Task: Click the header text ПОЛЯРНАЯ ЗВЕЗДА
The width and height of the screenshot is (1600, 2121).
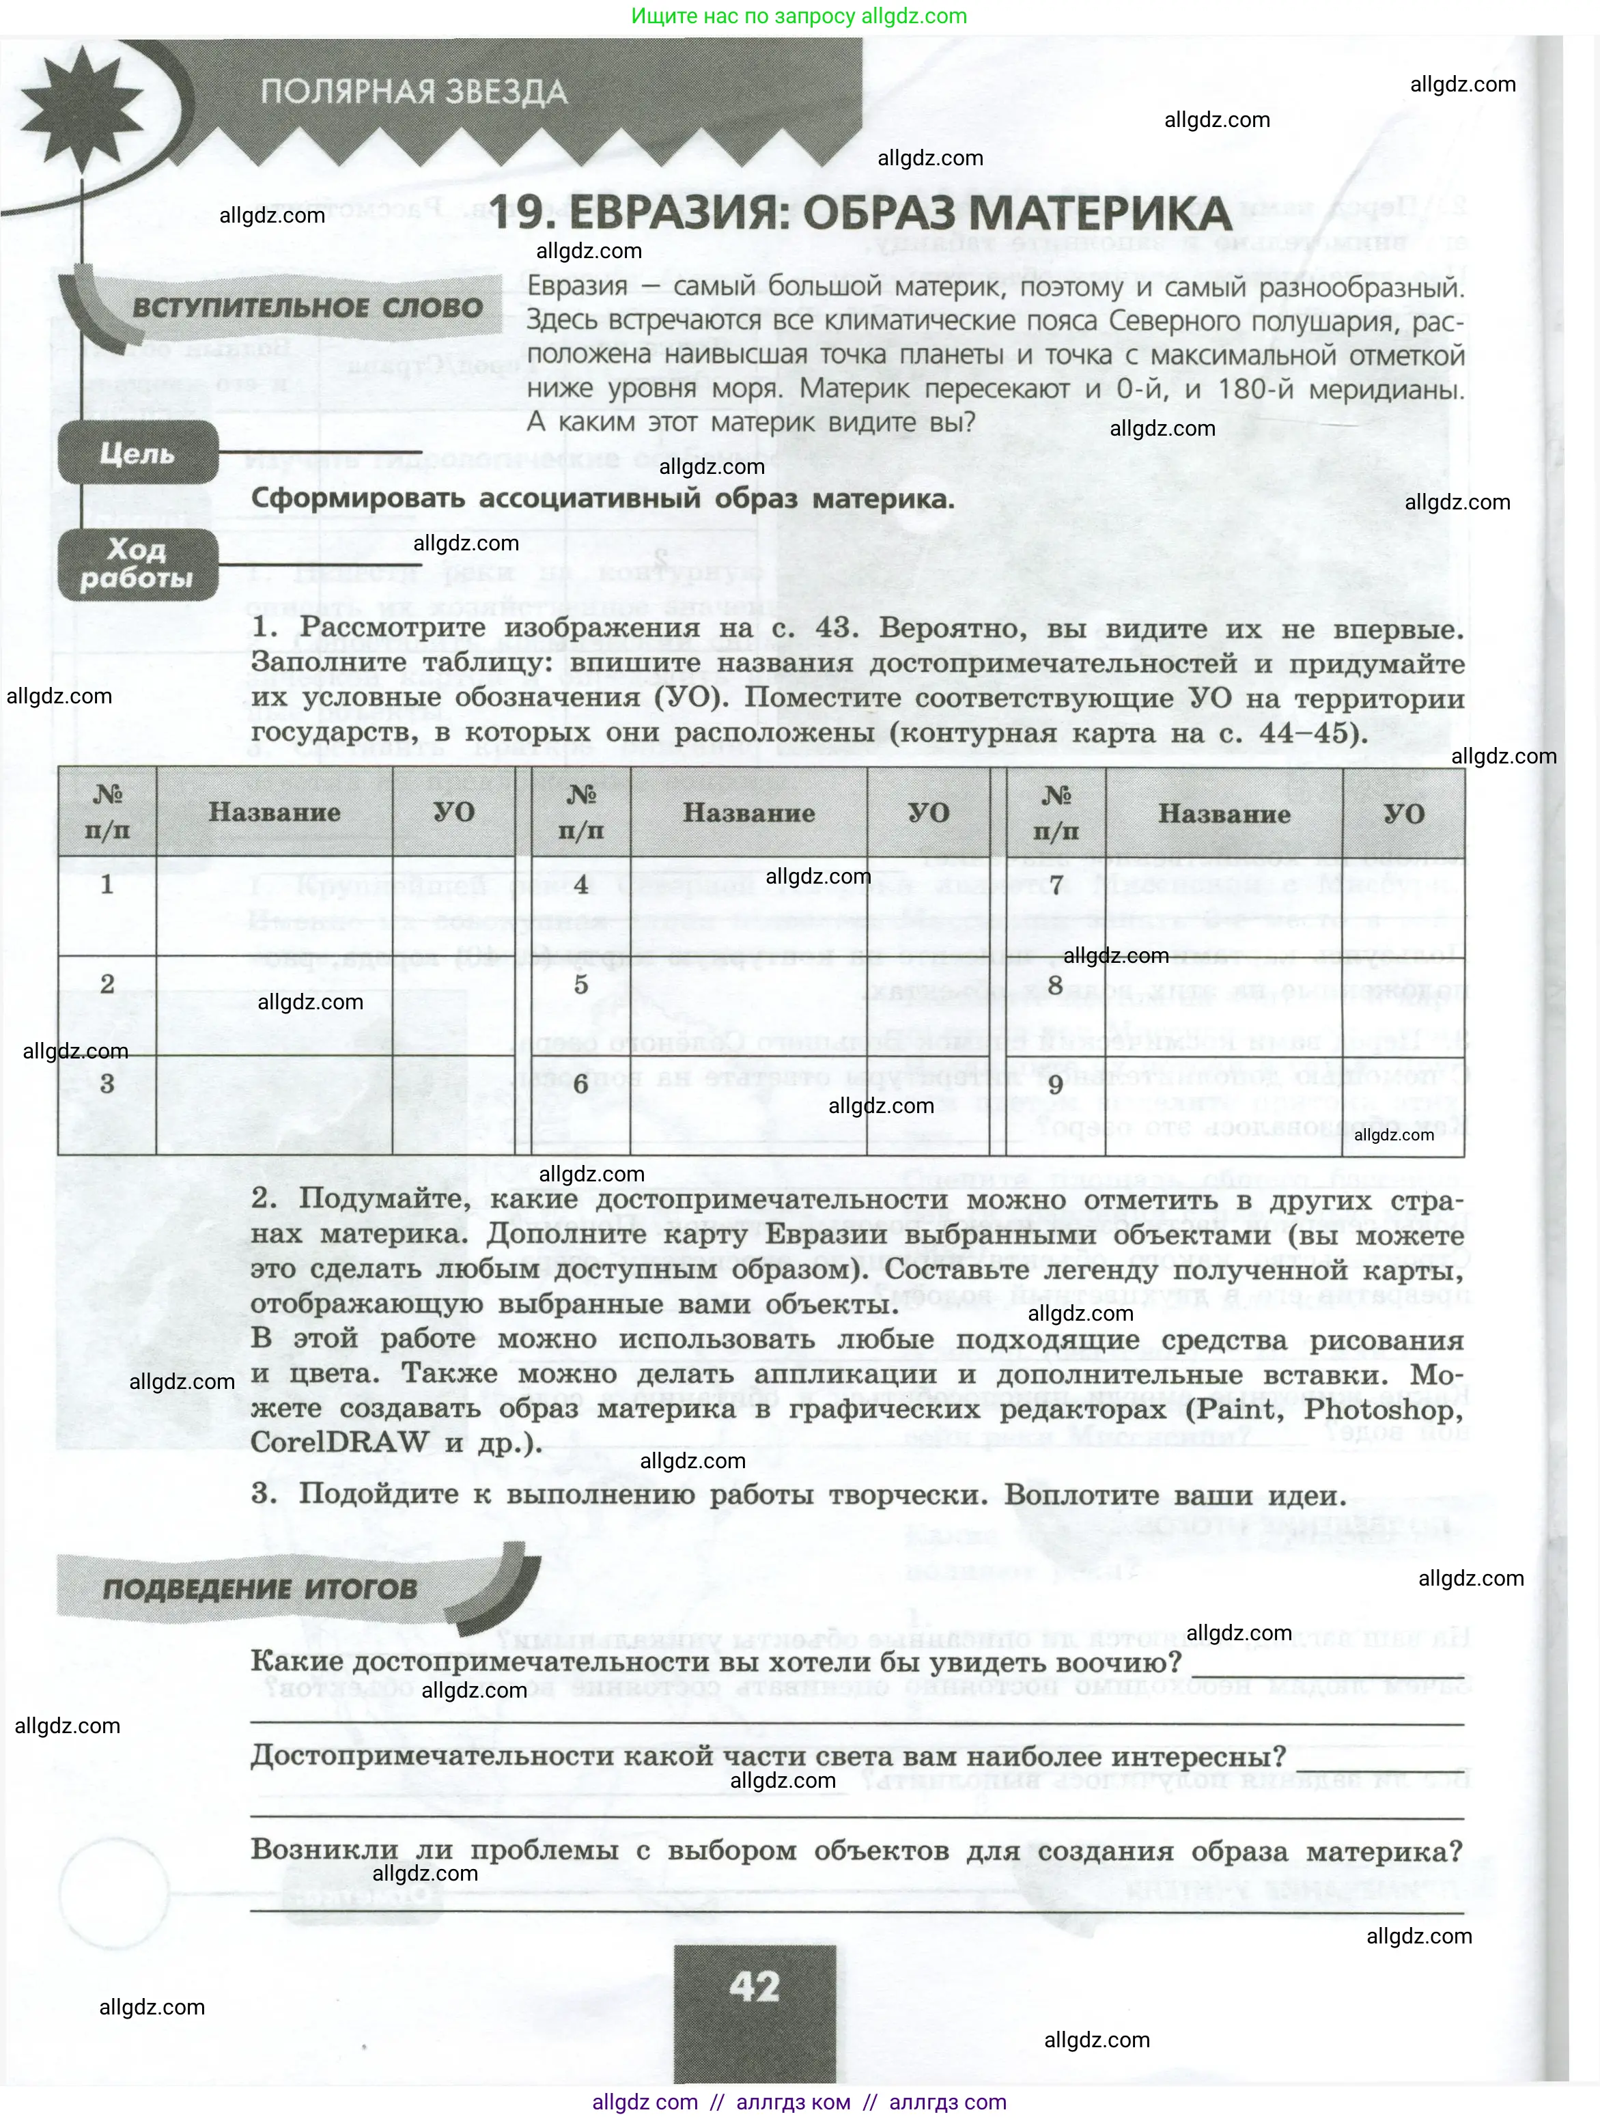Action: pyautogui.click(x=413, y=93)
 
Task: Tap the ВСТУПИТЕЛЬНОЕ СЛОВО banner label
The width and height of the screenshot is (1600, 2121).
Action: pyautogui.click(x=307, y=309)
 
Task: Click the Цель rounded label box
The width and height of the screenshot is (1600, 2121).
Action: pyautogui.click(x=137, y=453)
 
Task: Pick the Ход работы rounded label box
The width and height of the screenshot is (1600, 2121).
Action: pyautogui.click(x=137, y=564)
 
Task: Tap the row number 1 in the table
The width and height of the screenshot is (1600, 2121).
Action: pyautogui.click(x=107, y=884)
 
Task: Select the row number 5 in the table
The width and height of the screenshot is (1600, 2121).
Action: pyautogui.click(x=581, y=985)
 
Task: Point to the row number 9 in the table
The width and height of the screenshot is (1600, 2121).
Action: pyautogui.click(x=1056, y=1084)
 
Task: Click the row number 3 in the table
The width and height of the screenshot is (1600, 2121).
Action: pyautogui.click(x=107, y=1084)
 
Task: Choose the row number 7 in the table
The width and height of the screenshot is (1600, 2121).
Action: pyautogui.click(x=1056, y=885)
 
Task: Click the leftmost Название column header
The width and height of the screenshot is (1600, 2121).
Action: pyautogui.click(x=274, y=812)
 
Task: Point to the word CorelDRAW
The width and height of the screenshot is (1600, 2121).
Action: pyautogui.click(x=339, y=1443)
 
